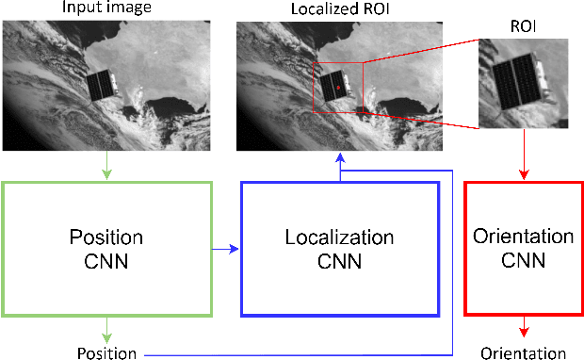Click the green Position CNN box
click(x=107, y=247)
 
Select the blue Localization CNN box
click(x=340, y=248)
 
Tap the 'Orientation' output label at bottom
click(x=523, y=353)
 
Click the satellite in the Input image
click(x=103, y=84)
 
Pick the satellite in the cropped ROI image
click(x=517, y=80)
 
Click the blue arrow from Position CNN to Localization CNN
click(x=227, y=249)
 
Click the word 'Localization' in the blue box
click(x=339, y=237)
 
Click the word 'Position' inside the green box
click(x=107, y=237)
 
